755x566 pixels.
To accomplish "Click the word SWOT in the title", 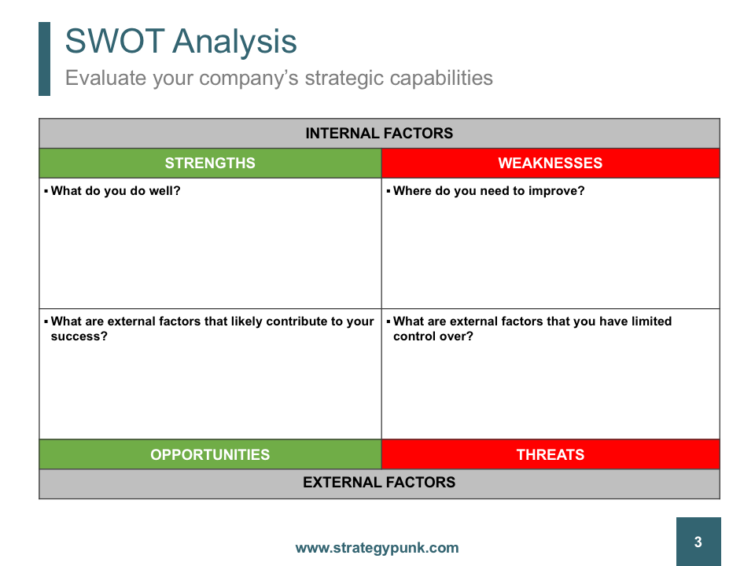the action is pos(115,41).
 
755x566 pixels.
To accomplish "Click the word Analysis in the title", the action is pos(234,42).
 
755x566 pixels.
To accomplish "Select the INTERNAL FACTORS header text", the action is pos(379,134).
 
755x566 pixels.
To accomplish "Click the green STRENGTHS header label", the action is pos(210,164).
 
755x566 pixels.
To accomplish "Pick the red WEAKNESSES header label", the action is pos(551,164).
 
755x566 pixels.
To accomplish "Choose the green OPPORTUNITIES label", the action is pos(210,454).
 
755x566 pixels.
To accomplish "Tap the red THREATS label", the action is pos(551,454).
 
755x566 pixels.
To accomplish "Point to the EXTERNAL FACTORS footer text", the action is pos(379,482).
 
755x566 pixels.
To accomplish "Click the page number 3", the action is pos(698,542).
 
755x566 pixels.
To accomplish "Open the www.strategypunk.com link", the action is pos(377,548).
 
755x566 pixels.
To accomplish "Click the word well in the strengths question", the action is pos(162,190).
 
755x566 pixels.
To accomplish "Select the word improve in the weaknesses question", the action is pos(554,191).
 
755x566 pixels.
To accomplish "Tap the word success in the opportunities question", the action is pos(76,336).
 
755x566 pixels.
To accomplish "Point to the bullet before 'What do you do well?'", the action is pos(46,191).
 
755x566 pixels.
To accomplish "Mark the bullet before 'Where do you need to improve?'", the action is pos(389,191).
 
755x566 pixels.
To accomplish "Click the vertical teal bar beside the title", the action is pos(44,59).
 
